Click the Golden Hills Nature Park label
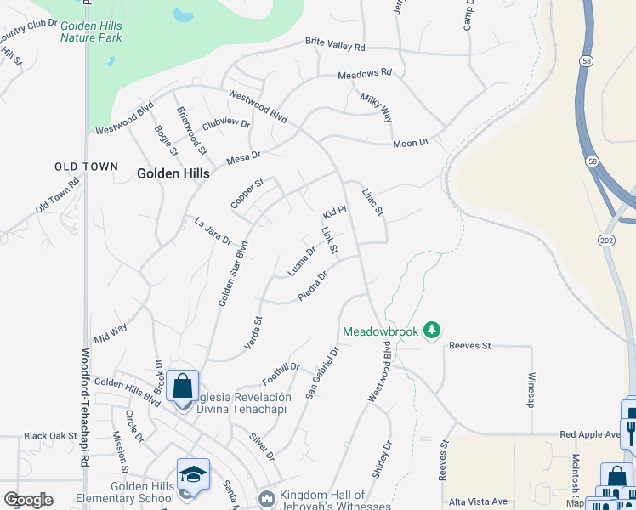(x=91, y=31)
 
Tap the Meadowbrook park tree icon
(x=432, y=329)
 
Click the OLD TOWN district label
(x=86, y=167)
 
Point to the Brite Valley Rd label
(x=335, y=45)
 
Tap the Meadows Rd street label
(x=364, y=74)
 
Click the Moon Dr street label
(x=411, y=144)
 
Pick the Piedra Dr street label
(x=313, y=285)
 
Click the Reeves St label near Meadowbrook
(x=470, y=346)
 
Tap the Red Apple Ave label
(x=590, y=434)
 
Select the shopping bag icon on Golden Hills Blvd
(x=183, y=387)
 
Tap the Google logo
(x=28, y=500)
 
